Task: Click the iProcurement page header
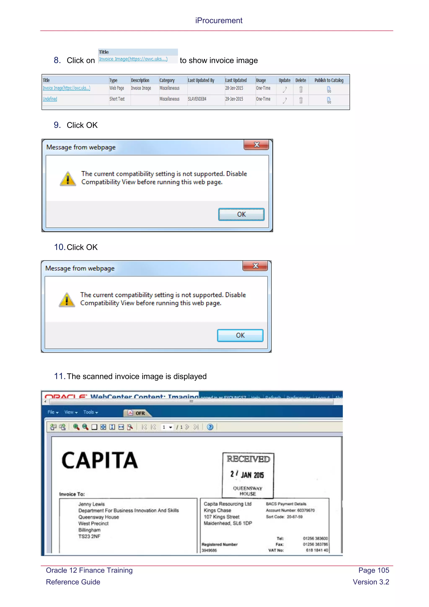[219, 20]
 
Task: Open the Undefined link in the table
[50, 99]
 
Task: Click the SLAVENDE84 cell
[197, 99]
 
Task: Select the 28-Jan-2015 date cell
[234, 88]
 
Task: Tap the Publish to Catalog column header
[329, 80]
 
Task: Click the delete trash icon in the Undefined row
[301, 100]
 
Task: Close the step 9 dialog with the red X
[257, 145]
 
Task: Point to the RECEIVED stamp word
[248, 459]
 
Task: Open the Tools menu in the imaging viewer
[90, 412]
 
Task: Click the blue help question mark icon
[210, 427]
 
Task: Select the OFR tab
[138, 413]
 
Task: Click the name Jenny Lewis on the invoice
[91, 504]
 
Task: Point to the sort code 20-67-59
[295, 517]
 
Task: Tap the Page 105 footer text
[373, 570]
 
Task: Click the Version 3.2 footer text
[371, 582]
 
